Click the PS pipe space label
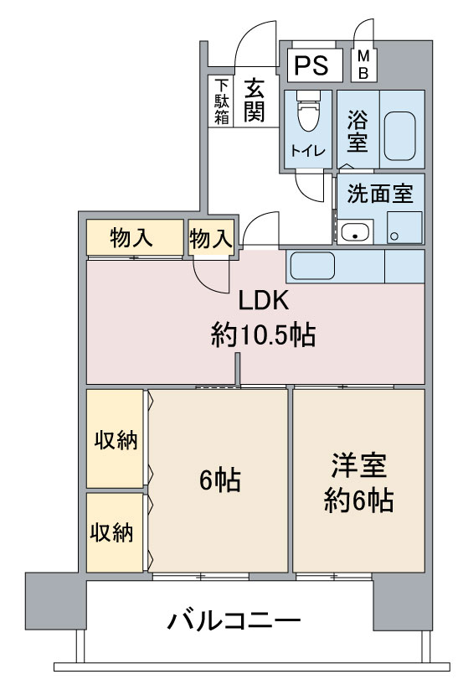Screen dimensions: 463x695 click(311, 65)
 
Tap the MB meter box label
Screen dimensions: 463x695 click(363, 65)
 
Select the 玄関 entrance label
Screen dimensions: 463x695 click(255, 101)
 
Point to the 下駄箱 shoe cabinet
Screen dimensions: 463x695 click(220, 101)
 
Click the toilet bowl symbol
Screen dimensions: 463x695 click(308, 112)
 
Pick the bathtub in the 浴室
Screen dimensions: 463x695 click(399, 136)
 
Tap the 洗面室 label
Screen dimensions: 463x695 click(380, 194)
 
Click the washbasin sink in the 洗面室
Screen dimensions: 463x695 click(355, 231)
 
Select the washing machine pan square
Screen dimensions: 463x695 click(404, 227)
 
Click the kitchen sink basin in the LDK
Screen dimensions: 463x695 click(312, 266)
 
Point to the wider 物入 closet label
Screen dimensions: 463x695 click(131, 238)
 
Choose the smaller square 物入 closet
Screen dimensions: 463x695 click(211, 237)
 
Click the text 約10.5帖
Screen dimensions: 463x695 click(263, 335)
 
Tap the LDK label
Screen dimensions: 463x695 click(264, 300)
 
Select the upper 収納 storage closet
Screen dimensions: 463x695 click(115, 438)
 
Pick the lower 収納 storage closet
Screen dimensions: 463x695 click(115, 532)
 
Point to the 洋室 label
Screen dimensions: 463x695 click(359, 465)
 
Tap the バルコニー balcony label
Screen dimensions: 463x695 click(234, 620)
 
